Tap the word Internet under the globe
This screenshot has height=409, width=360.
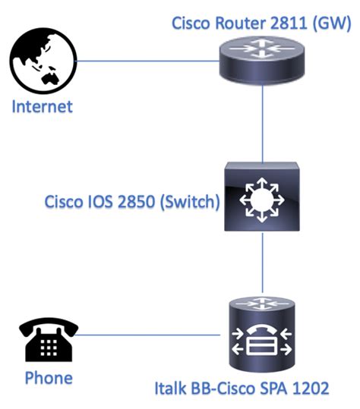pyautogui.click(x=42, y=105)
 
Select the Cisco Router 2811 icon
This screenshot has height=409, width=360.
pyautogui.click(x=262, y=59)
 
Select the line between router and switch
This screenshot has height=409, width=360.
pyautogui.click(x=262, y=121)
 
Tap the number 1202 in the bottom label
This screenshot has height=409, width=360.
pyautogui.click(x=309, y=389)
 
